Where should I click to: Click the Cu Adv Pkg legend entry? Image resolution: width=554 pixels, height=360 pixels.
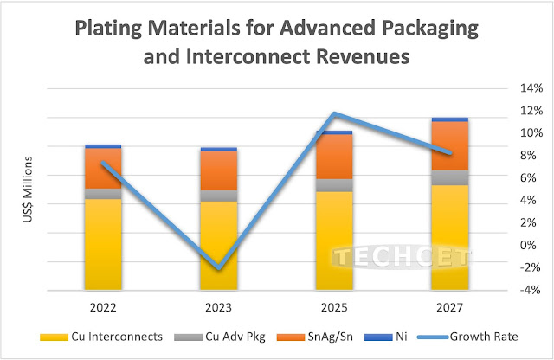(x=222, y=336)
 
